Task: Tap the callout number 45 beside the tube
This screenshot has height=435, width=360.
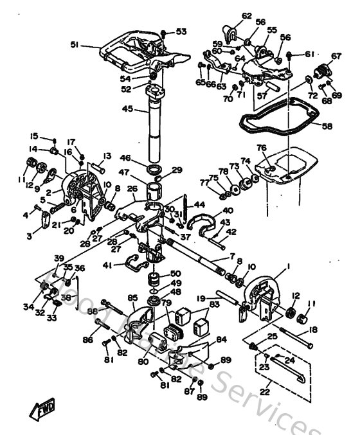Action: pyautogui.click(x=129, y=109)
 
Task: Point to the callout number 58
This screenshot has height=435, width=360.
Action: pyautogui.click(x=327, y=126)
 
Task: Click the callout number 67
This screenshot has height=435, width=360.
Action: pyautogui.click(x=336, y=56)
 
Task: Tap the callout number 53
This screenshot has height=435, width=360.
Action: pyautogui.click(x=181, y=31)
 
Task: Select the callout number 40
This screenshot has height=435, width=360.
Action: pyautogui.click(x=228, y=211)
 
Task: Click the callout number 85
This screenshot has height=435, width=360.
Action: pyautogui.click(x=132, y=297)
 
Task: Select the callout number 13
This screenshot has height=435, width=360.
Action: pyautogui.click(x=107, y=156)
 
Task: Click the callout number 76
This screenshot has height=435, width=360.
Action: pyautogui.click(x=261, y=148)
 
